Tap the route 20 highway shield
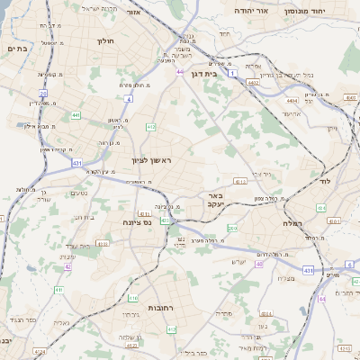(x=42, y=94)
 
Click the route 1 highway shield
(x=231, y=74)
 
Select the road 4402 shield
(x=253, y=83)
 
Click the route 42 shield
(x=68, y=267)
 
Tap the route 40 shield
(x=259, y=265)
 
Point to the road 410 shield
(x=133, y=297)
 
